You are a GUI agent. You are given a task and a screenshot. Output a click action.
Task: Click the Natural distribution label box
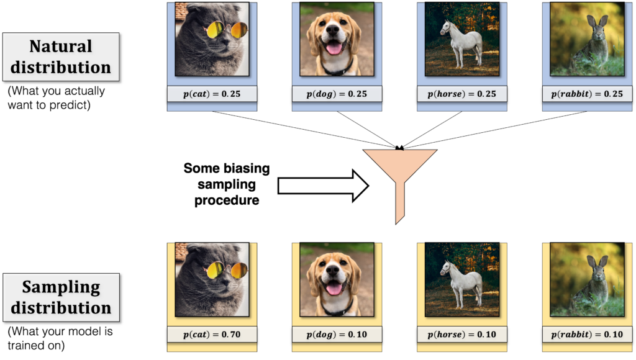tap(60, 56)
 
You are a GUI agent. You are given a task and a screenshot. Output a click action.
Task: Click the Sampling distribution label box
tap(60, 297)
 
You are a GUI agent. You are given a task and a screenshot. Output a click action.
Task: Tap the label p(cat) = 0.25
tap(212, 94)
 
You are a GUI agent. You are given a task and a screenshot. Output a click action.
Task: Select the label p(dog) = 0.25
tap(337, 94)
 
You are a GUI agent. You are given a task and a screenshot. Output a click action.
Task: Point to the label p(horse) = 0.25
tap(461, 94)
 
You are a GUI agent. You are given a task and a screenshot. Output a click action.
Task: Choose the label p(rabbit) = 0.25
tap(587, 94)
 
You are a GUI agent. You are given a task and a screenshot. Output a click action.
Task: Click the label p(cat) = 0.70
tap(212, 335)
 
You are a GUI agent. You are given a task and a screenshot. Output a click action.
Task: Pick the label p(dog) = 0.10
tap(337, 335)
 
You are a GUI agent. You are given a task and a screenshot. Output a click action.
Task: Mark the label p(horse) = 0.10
tap(461, 335)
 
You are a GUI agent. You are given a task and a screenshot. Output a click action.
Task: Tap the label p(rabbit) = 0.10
tap(587, 335)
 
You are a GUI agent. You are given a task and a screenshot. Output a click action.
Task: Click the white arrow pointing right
tap(322, 186)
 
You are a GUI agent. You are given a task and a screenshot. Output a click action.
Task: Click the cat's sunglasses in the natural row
tap(226, 29)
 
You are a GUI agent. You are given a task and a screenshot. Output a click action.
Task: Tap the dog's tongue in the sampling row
tap(334, 289)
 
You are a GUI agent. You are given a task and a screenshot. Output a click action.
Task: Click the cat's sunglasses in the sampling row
tap(226, 270)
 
